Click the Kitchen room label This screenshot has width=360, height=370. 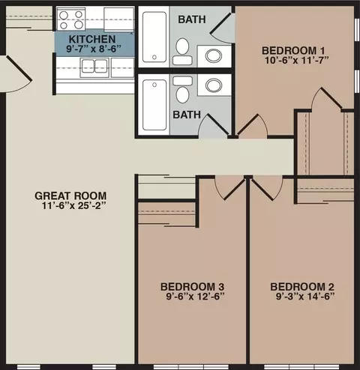pos(92,39)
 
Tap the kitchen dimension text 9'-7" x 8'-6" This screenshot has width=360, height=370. pos(94,49)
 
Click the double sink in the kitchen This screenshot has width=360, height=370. pos(94,67)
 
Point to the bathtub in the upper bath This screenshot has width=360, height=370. pos(154,37)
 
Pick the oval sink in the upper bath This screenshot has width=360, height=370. pos(214,55)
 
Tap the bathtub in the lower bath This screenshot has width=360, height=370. pos(154,105)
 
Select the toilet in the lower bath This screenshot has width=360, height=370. pos(183,89)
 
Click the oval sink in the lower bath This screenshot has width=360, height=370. pos(214,85)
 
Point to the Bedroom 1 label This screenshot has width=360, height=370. pos(293,51)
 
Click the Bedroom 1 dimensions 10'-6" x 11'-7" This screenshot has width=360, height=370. pos(297,60)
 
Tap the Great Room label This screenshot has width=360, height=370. pos(70,195)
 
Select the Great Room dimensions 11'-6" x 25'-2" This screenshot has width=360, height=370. pos(74,206)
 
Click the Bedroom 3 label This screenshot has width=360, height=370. pos(192,287)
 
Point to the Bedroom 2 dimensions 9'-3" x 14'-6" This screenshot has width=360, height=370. pos(305,297)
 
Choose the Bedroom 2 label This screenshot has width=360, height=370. pos(302,287)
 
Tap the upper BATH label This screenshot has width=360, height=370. pos(192,19)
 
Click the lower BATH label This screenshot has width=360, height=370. pos(187,115)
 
